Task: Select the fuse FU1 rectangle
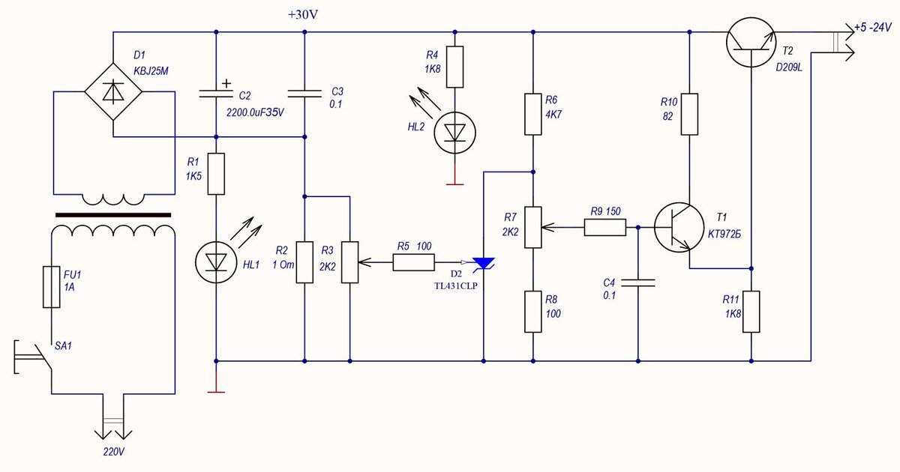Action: [52, 287]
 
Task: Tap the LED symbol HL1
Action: [216, 262]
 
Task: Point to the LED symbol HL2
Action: [454, 133]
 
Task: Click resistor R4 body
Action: [454, 67]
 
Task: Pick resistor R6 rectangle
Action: [533, 115]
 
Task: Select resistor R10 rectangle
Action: [689, 115]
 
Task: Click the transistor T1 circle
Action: [679, 227]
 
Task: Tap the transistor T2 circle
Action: [751, 42]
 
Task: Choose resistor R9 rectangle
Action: [605, 227]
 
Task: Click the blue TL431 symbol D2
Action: [483, 264]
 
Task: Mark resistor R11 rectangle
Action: [751, 312]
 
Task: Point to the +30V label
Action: [303, 15]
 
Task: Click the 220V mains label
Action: [114, 452]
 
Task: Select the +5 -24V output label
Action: [873, 27]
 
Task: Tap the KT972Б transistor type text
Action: [724, 234]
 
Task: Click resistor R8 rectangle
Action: [533, 312]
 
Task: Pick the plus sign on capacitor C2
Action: [226, 83]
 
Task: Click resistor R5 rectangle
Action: [414, 262]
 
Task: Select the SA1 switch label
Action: [63, 346]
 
